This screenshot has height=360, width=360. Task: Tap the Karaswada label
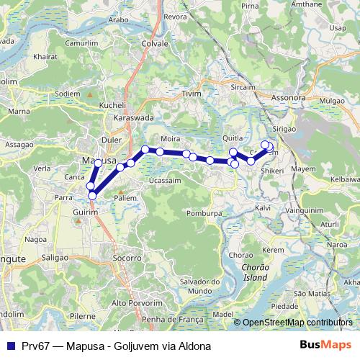point(133,116)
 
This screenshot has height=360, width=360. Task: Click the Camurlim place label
point(81,44)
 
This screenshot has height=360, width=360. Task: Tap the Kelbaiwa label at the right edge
point(344,178)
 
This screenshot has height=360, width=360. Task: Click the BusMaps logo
point(327,345)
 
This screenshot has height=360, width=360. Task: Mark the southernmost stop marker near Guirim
point(91,195)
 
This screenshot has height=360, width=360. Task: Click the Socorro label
point(127,257)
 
